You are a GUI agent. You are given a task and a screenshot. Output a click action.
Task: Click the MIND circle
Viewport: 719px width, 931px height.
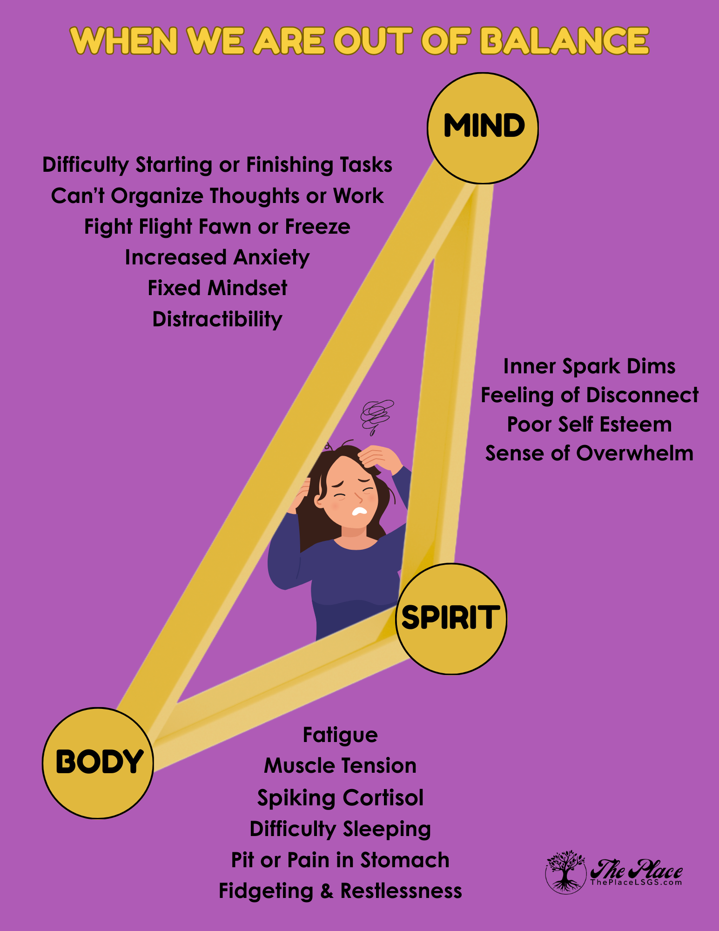[x=483, y=128]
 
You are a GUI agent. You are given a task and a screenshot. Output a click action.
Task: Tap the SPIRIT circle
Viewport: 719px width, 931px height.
[x=451, y=619]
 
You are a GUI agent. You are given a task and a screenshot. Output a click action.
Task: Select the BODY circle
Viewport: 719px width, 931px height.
[x=98, y=763]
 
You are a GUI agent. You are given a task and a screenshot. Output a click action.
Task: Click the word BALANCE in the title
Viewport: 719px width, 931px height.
[x=564, y=41]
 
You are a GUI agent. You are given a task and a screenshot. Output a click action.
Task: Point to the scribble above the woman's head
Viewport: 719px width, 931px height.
[x=376, y=414]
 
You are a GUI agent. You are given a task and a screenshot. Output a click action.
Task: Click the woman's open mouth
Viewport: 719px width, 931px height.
[x=360, y=511]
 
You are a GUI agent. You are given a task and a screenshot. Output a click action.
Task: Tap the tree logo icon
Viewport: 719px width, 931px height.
[x=565, y=872]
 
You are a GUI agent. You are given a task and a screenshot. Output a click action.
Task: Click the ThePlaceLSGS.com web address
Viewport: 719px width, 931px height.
[x=636, y=882]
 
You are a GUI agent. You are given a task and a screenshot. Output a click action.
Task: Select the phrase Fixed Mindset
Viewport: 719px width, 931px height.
[x=217, y=288]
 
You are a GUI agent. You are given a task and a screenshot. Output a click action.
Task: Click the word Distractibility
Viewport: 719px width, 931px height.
[x=217, y=319]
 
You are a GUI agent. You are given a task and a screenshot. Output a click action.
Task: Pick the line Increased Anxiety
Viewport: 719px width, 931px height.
[x=217, y=257]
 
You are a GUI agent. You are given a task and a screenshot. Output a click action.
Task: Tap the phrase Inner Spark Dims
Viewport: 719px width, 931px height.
[x=589, y=366]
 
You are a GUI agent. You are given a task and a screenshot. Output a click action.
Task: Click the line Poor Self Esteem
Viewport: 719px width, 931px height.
[x=589, y=425]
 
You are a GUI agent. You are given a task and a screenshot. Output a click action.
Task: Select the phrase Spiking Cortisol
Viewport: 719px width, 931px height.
[x=340, y=798]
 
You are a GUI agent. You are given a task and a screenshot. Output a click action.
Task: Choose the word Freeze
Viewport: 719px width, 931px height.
[x=317, y=227]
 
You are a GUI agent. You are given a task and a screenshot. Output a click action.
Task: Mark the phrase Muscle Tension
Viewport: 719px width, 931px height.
[x=340, y=766]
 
